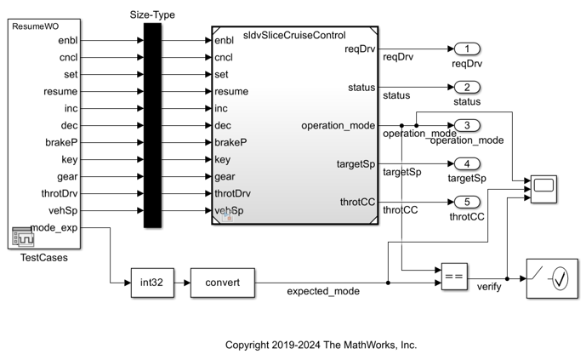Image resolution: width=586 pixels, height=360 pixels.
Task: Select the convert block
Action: (223, 283)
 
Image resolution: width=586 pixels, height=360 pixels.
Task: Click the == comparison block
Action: (455, 276)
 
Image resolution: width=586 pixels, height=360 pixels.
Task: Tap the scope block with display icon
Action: (543, 186)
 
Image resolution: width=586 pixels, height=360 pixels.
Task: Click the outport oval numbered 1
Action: (467, 49)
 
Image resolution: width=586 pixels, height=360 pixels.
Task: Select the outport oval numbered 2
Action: (467, 87)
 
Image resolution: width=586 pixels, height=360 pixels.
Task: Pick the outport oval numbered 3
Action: (467, 125)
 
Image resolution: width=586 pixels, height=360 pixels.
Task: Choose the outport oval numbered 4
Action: (467, 163)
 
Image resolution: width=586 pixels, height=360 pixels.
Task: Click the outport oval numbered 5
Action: (467, 202)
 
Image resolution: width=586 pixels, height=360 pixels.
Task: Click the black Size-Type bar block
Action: (152, 125)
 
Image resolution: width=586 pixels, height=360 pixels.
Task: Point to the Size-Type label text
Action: (152, 14)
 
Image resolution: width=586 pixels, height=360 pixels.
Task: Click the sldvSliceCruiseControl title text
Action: (294, 36)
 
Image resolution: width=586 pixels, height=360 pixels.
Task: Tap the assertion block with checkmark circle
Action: (550, 277)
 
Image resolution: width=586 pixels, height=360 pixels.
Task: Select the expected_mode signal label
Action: (322, 291)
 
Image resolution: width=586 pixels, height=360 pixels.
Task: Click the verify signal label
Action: (489, 287)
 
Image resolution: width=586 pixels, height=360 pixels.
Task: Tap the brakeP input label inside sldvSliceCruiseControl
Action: (230, 142)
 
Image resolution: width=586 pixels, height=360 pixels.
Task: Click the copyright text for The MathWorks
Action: (321, 345)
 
